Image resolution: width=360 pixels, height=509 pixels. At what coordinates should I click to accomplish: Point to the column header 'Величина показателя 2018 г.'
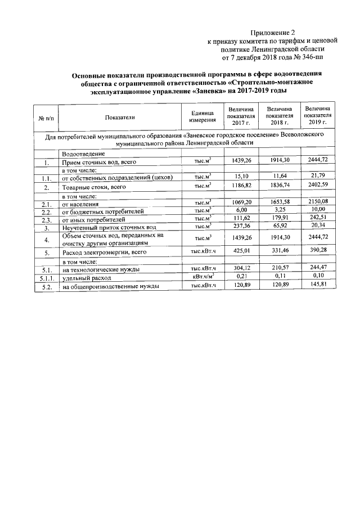pyautogui.click(x=280, y=116)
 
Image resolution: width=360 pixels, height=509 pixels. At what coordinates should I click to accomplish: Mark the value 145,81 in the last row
pyautogui.click(x=318, y=285)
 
